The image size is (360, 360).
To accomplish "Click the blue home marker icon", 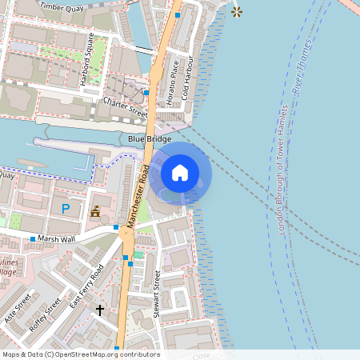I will click(x=180, y=172).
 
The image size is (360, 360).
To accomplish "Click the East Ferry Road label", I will click(x=87, y=286).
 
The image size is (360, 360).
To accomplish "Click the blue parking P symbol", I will click(x=65, y=210).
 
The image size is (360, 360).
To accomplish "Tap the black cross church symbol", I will click(x=100, y=309).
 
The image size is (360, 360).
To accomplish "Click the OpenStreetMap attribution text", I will click(x=80, y=354).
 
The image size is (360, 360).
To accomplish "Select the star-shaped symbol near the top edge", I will click(x=236, y=11).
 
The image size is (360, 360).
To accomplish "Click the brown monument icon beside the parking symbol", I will click(x=95, y=213).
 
